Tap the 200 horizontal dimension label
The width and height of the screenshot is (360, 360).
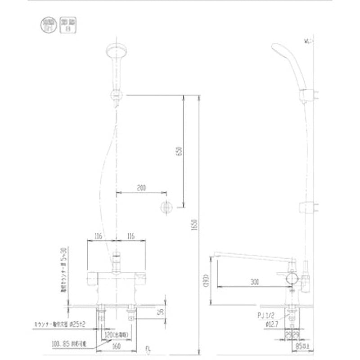[141, 187]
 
